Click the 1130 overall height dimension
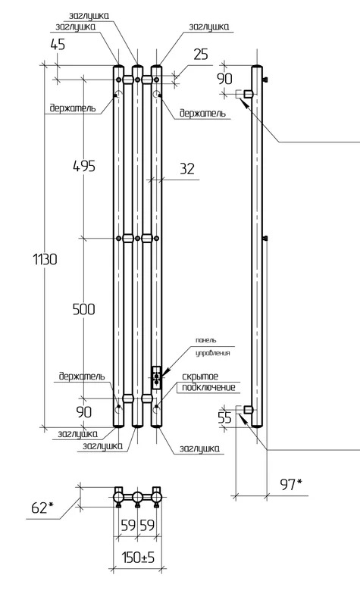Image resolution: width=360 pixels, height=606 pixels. [x=45, y=259]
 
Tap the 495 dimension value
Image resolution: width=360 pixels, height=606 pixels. [x=84, y=166]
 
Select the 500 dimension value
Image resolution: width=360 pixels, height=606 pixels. [x=84, y=309]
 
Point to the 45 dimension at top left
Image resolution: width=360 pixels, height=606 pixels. [x=58, y=45]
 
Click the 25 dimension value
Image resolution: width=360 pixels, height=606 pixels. [x=201, y=55]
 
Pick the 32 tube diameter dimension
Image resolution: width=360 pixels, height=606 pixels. [x=187, y=168]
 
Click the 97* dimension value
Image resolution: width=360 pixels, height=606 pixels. [x=290, y=484]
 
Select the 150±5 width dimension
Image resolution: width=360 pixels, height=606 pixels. [x=138, y=558]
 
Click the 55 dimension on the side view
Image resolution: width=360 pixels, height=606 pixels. [x=224, y=418]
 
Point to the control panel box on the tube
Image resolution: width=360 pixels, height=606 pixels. [x=157, y=377]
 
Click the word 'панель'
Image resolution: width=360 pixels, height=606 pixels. [x=206, y=340]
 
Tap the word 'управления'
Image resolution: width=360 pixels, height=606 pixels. [x=213, y=353]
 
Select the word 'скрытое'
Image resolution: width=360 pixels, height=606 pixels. [x=200, y=376]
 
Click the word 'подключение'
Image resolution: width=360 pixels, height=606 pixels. [x=208, y=387]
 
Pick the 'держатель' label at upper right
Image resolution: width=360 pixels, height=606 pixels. [x=202, y=113]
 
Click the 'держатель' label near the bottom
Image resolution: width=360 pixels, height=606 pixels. [x=82, y=376]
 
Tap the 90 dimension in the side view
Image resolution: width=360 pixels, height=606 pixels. [x=224, y=79]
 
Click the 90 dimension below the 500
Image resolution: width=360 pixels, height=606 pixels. [x=84, y=412]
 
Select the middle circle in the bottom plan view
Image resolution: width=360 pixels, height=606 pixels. [x=137, y=497]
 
